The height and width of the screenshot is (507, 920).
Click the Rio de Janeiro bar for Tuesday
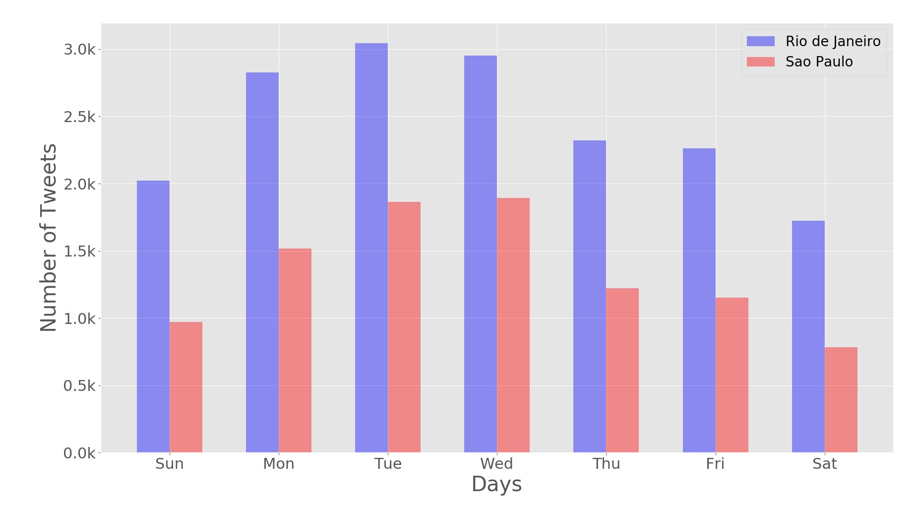[x=371, y=248]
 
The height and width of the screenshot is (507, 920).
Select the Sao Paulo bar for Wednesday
[x=513, y=325]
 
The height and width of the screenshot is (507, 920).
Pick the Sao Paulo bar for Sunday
[x=185, y=387]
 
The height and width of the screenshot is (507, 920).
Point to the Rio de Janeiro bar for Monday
[x=262, y=262]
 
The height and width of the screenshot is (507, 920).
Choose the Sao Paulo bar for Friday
[x=732, y=375]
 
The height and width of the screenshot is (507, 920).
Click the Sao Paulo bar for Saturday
[x=841, y=400]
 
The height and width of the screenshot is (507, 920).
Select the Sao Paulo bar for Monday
[x=295, y=350]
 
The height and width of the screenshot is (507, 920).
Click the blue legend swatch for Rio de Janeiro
[x=760, y=41]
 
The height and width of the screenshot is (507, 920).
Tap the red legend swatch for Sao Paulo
[x=760, y=62]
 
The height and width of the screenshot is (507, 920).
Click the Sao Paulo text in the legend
[x=819, y=62]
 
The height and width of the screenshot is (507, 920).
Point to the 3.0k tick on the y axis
[x=79, y=50]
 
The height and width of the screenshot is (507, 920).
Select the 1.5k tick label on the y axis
[x=79, y=252]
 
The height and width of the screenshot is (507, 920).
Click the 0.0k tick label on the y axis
[x=79, y=453]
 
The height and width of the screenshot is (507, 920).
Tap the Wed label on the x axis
[x=496, y=464]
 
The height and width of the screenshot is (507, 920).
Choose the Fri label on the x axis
[x=715, y=464]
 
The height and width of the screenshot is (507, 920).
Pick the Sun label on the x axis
[x=169, y=464]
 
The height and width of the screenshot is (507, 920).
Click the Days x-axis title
[x=496, y=484]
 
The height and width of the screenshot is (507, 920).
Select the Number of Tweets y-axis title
[x=49, y=238]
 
